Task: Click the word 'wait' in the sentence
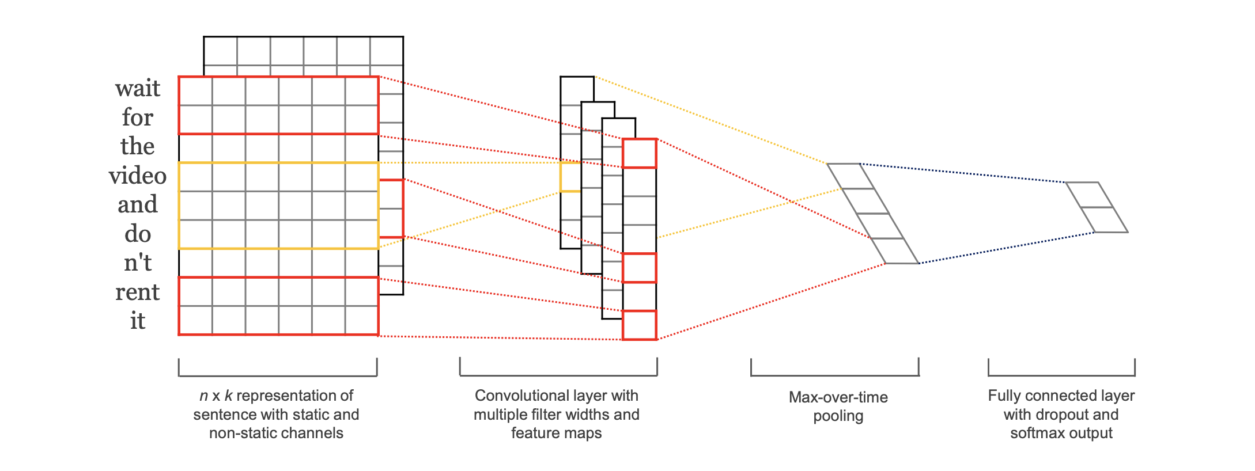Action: [x=137, y=88]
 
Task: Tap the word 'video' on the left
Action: [x=137, y=175]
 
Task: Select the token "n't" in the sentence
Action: [x=137, y=263]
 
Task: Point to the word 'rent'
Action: [x=137, y=292]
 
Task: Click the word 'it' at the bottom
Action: [x=137, y=321]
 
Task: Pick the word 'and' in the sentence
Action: [x=137, y=204]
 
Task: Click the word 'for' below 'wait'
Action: [x=137, y=117]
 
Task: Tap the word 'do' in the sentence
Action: [x=137, y=234]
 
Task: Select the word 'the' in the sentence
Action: [x=137, y=146]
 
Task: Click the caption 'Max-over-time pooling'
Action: [x=838, y=406]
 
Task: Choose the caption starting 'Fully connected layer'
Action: [x=1061, y=414]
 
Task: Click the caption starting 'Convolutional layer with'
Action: [x=556, y=414]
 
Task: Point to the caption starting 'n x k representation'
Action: [x=276, y=414]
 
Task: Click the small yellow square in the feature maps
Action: [x=570, y=177]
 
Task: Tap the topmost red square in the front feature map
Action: [x=640, y=153]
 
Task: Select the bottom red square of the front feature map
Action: [x=640, y=325]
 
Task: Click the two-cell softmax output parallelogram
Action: [x=1097, y=207]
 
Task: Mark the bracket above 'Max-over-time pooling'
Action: [x=834, y=375]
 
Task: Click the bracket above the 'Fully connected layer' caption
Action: [x=1061, y=375]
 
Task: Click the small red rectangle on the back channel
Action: [x=391, y=208]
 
